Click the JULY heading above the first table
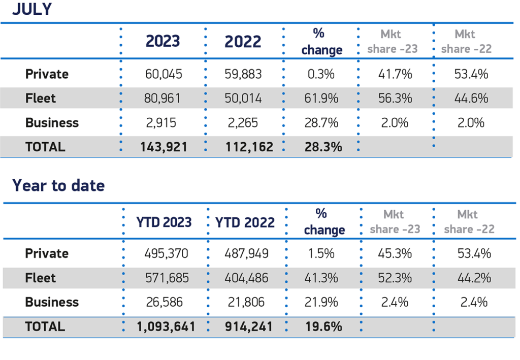pos(32,9)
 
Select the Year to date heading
pos(58,185)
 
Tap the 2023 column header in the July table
pos(162,42)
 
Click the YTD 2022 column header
pos(245,222)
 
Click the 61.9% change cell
pos(321,99)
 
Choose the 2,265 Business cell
pos(243,123)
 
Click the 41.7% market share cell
pos(395,74)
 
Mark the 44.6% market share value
pos(471,99)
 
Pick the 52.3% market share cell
pos(395,278)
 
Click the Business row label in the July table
pos(52,123)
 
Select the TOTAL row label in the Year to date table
pos(45,326)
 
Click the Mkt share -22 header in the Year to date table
pos(468,222)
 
